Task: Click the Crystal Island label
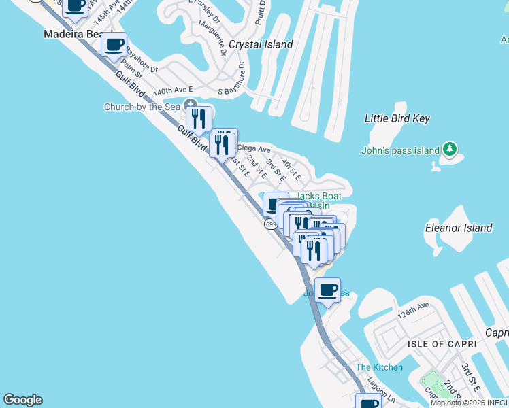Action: point(261,44)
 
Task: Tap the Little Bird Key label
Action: point(397,118)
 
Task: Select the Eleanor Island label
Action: point(458,228)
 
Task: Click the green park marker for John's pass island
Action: point(448,149)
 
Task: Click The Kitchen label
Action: point(379,367)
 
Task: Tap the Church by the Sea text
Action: point(142,107)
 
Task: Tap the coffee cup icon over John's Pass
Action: point(328,290)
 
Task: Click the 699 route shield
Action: point(271,224)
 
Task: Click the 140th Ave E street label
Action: point(173,90)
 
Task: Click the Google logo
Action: point(22,400)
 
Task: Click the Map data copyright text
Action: point(469,403)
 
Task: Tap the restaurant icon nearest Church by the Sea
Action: point(199,119)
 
